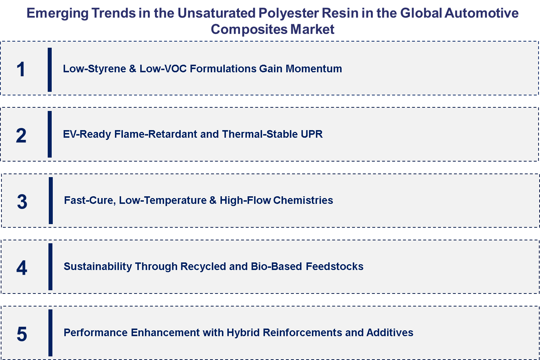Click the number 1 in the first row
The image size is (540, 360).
21,69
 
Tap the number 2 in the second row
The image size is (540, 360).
21,136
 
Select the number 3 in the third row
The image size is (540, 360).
22,202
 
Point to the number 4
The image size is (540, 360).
22,268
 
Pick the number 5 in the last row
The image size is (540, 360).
22,334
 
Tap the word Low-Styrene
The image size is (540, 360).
94,69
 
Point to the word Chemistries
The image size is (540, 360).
303,200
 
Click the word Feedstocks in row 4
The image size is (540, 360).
334,266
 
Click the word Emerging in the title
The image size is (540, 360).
57,13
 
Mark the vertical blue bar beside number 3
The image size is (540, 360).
51,201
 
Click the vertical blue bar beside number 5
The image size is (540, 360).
50,333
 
